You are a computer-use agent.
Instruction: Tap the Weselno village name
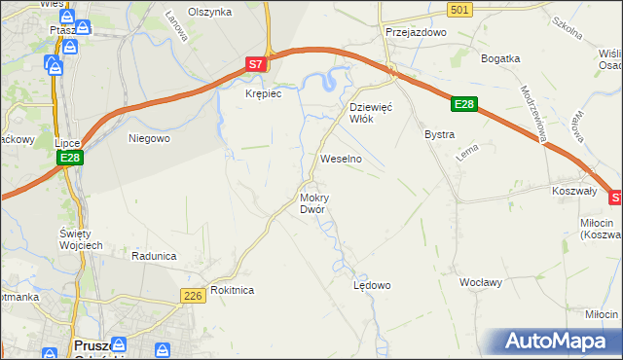click(x=341, y=158)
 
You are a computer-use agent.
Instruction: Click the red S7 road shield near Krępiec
click(x=254, y=64)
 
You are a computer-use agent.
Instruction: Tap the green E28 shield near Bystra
click(x=465, y=104)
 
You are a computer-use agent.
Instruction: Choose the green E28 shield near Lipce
click(x=68, y=158)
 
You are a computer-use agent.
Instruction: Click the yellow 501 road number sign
click(x=461, y=9)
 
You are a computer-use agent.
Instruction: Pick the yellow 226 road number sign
click(x=192, y=294)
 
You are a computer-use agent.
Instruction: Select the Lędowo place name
click(x=371, y=285)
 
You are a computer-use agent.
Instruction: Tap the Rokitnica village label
click(x=232, y=290)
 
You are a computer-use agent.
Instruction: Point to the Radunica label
click(x=154, y=256)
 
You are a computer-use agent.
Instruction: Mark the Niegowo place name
click(x=150, y=138)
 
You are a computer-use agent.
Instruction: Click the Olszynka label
click(x=209, y=12)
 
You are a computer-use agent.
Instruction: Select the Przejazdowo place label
click(x=415, y=31)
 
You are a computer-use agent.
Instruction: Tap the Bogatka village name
click(x=500, y=58)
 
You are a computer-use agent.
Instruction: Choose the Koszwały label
click(x=573, y=192)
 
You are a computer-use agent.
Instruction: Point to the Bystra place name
click(x=439, y=134)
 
